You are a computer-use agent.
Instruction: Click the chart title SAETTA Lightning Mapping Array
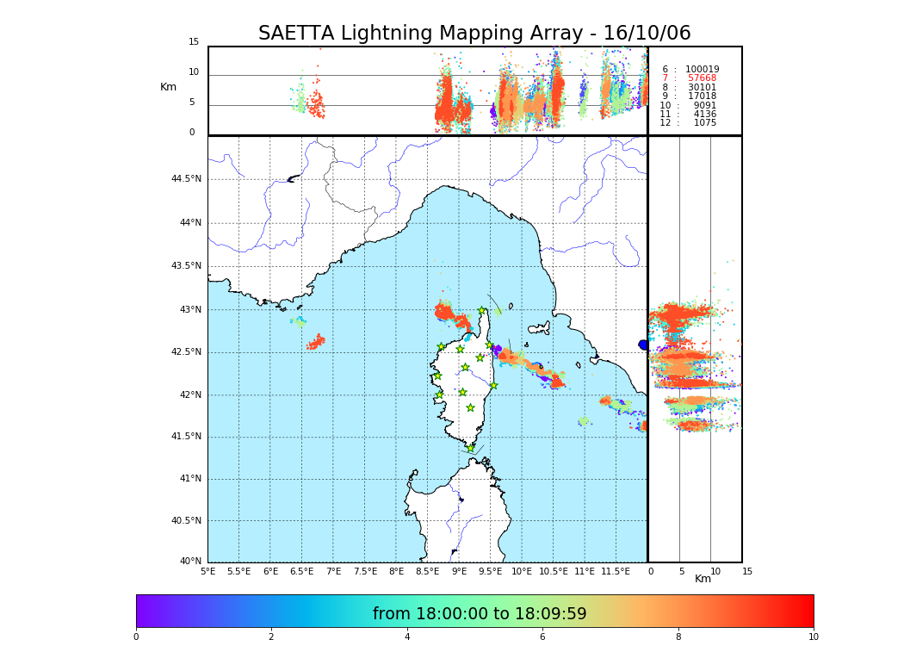tap(474, 34)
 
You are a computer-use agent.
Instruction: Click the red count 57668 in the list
tap(702, 78)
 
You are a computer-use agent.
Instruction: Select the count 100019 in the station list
tap(702, 70)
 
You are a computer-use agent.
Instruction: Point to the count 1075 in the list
tap(704, 123)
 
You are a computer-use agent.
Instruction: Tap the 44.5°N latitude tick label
tap(186, 179)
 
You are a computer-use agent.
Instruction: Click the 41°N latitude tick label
tap(189, 479)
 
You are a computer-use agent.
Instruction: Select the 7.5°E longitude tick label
tap(365, 571)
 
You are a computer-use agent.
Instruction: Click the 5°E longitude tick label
tap(207, 571)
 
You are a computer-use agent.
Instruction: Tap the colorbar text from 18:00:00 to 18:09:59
tap(480, 614)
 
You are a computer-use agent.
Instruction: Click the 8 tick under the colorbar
tap(678, 637)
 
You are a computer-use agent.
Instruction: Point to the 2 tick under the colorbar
tap(271, 637)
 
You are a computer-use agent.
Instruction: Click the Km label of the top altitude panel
tap(168, 87)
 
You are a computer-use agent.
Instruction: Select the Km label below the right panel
tap(703, 579)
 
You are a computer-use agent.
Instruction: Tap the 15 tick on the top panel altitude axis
tap(194, 42)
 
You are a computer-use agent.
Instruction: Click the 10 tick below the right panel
tap(715, 571)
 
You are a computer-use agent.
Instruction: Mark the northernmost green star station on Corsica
tap(482, 311)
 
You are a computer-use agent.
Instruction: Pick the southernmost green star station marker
tap(471, 449)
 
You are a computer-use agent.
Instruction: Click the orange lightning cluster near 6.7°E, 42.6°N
tap(316, 343)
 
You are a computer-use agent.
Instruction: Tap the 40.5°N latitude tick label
tap(186, 521)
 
